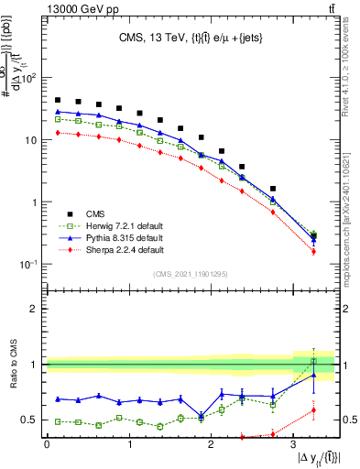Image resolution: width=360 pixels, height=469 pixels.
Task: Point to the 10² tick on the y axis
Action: pos(27,78)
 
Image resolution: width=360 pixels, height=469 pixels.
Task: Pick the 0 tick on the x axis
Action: pos(47,444)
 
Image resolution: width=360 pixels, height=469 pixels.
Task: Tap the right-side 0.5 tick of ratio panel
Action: pos(349,420)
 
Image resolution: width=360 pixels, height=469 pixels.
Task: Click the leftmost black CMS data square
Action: pos(58,100)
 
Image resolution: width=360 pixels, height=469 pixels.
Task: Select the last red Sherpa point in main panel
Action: pos(313,251)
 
